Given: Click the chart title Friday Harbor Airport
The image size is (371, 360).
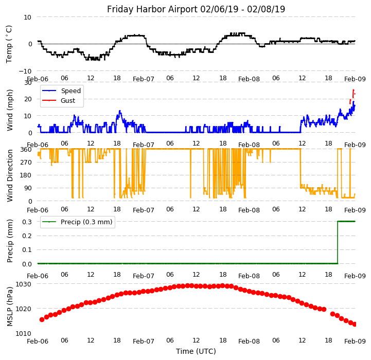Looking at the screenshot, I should click(196, 9).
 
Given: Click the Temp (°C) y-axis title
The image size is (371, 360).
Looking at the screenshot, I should click(9, 44).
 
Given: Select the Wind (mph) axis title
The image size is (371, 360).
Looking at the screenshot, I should click(10, 110).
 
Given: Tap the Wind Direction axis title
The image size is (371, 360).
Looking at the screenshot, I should click(10, 175).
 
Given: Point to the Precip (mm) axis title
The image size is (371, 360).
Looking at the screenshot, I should click(10, 241).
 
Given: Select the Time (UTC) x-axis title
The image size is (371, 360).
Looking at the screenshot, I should click(196, 351).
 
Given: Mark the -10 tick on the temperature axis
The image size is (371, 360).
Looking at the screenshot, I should click(25, 71).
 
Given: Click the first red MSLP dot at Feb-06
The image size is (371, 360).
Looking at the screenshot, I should click(42, 319).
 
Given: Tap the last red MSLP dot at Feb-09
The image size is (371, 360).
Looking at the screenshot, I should click(355, 324).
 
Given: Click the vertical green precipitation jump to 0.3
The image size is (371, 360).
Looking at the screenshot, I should click(338, 242).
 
